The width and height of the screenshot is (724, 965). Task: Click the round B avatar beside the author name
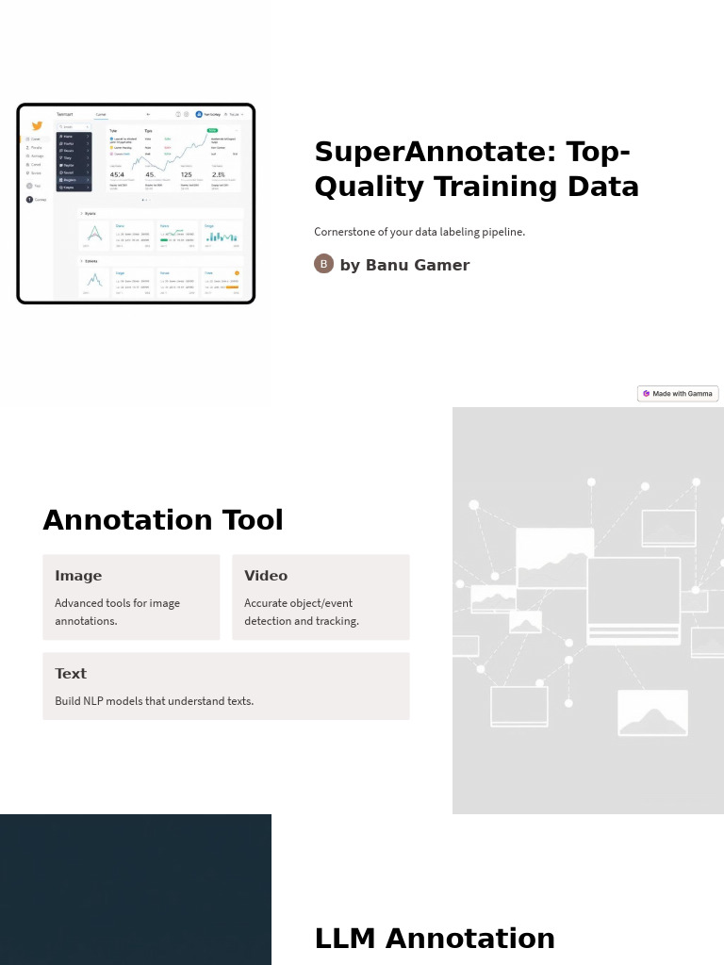tap(323, 264)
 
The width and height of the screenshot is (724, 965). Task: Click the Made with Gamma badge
tap(678, 394)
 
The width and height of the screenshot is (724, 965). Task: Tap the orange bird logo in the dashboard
tap(37, 125)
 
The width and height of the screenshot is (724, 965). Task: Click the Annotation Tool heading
tap(163, 520)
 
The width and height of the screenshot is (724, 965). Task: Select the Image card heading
tap(78, 576)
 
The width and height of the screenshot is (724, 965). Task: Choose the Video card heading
tap(266, 576)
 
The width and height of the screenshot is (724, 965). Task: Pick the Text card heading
tap(71, 674)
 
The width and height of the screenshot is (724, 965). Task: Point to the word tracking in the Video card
tap(337, 621)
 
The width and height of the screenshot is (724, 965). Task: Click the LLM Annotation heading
tap(435, 939)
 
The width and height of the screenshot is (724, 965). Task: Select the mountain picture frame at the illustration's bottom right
tap(652, 713)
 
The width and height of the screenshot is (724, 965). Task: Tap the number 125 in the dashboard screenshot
tap(187, 174)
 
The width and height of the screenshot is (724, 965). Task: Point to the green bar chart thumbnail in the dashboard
tap(222, 237)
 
